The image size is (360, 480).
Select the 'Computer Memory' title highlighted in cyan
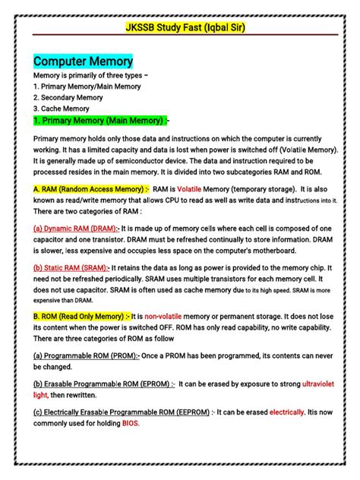tap(83, 62)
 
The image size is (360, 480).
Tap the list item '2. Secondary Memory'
tap(68, 98)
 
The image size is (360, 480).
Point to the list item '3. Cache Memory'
tap(62, 109)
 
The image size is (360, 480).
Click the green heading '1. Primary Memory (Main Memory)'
tap(99, 121)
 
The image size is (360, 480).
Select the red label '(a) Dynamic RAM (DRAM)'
tap(76, 228)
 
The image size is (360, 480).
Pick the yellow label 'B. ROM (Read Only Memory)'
tap(83, 317)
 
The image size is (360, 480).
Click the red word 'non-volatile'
tap(168, 317)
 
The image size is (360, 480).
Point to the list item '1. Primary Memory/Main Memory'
tap(87, 87)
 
